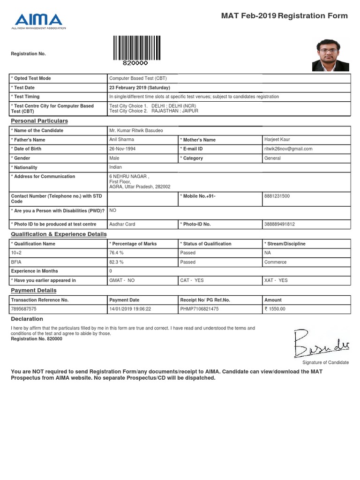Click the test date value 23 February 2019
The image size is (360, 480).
pyautogui.click(x=140, y=88)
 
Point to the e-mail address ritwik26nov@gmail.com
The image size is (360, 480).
pyautogui.click(x=288, y=149)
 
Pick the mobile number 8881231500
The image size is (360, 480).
pyautogui.click(x=277, y=196)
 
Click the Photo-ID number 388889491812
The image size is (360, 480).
pyautogui.click(x=280, y=224)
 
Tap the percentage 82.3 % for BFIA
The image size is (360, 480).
pyautogui.click(x=116, y=262)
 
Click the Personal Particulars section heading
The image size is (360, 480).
pyautogui.click(x=39, y=121)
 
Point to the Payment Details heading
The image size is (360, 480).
pyautogui.click(x=33, y=291)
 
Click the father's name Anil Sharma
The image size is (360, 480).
pyautogui.click(x=121, y=140)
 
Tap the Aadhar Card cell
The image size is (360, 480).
pyautogui.click(x=122, y=224)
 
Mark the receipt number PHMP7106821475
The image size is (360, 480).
pyautogui.click(x=199, y=309)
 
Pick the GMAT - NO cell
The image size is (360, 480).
pyautogui.click(x=122, y=280)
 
